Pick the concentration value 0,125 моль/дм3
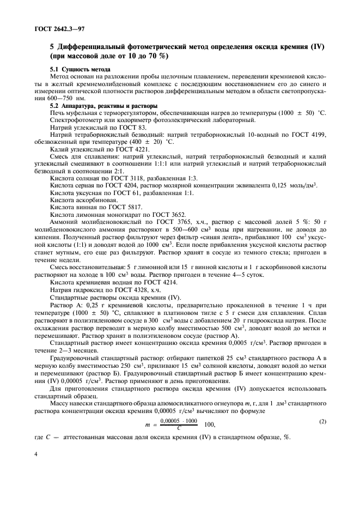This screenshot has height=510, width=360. pos(291,185)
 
